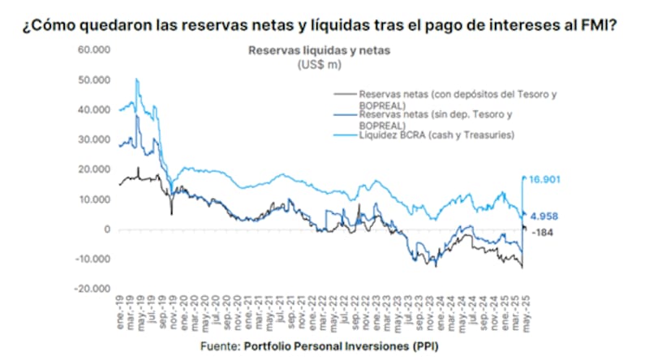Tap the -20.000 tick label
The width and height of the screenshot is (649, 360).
click(92, 289)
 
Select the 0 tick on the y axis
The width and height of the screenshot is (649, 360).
click(105, 229)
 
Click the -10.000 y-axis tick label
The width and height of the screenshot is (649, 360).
click(92, 259)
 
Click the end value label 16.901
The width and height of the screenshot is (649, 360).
click(546, 179)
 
